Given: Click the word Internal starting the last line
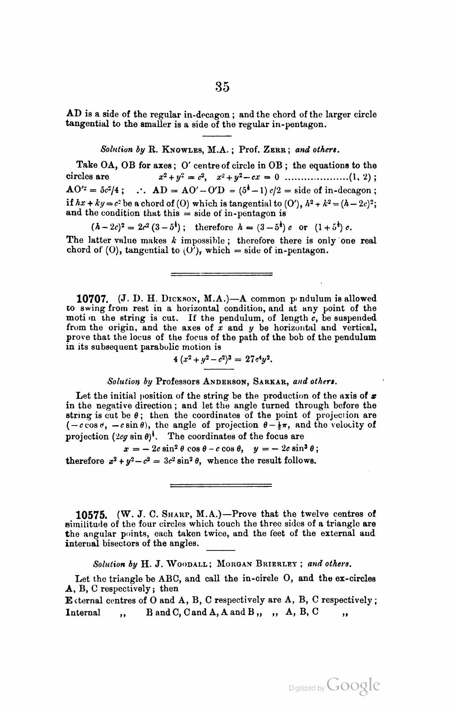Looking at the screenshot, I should tap(82, 612).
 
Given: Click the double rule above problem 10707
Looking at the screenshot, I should tap(221, 274).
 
